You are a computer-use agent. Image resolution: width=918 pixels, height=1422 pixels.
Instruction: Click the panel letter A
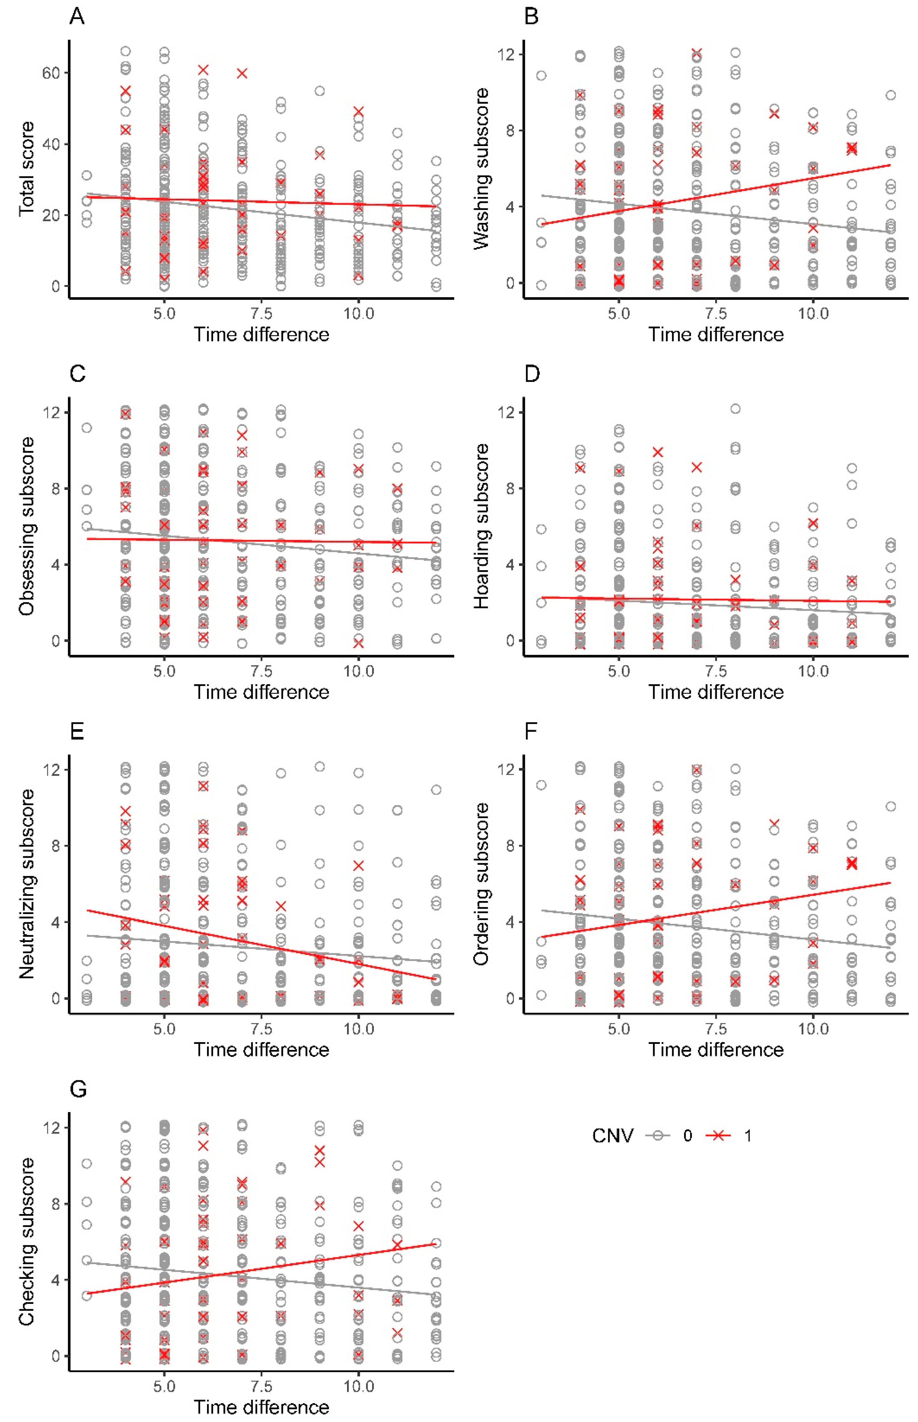pos(77,16)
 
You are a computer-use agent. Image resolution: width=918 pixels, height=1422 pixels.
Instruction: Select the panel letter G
pos(78,1089)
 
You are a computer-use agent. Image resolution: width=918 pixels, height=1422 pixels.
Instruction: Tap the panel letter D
pos(532,374)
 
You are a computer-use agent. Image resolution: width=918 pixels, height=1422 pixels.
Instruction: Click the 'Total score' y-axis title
pos(26,169)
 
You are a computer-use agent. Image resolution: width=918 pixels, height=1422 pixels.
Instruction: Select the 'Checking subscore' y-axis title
pos(26,1242)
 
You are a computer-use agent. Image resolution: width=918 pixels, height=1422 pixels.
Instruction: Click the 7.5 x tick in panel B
pos(716,313)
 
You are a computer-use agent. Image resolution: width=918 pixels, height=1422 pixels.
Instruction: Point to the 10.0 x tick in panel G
pos(358,1386)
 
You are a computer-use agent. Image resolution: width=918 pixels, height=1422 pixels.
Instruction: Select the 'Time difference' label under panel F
pos(716,1050)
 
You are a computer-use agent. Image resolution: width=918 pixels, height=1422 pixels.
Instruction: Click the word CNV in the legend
pos(613,1135)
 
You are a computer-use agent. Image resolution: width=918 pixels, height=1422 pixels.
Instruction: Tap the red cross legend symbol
pos(720,1135)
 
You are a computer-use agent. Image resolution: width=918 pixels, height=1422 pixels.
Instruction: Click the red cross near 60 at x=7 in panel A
pos(242,73)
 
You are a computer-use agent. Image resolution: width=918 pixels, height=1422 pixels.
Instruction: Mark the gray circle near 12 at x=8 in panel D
pos(736,409)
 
